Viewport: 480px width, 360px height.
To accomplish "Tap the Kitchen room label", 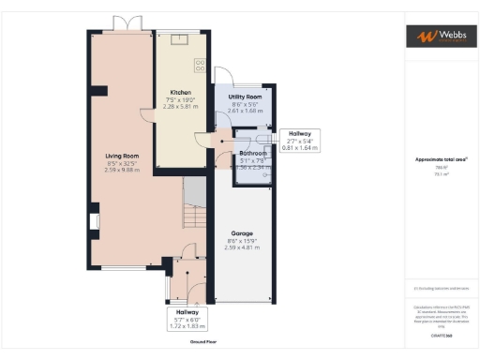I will click(181, 92).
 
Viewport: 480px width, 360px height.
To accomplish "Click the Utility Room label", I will click(245, 97).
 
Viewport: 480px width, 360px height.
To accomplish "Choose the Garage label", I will click(242, 232).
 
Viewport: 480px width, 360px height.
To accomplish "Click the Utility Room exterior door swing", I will click(224, 78).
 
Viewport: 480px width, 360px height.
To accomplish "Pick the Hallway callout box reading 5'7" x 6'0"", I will click(188, 319).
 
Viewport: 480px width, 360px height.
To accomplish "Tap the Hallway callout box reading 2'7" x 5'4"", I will click(301, 141).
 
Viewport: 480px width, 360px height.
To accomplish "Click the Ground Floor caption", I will click(203, 343).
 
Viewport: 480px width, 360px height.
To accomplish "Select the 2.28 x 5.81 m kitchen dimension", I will click(181, 106).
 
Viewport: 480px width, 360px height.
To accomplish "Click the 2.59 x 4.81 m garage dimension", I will click(242, 247).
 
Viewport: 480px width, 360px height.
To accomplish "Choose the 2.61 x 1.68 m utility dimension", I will click(245, 111).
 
